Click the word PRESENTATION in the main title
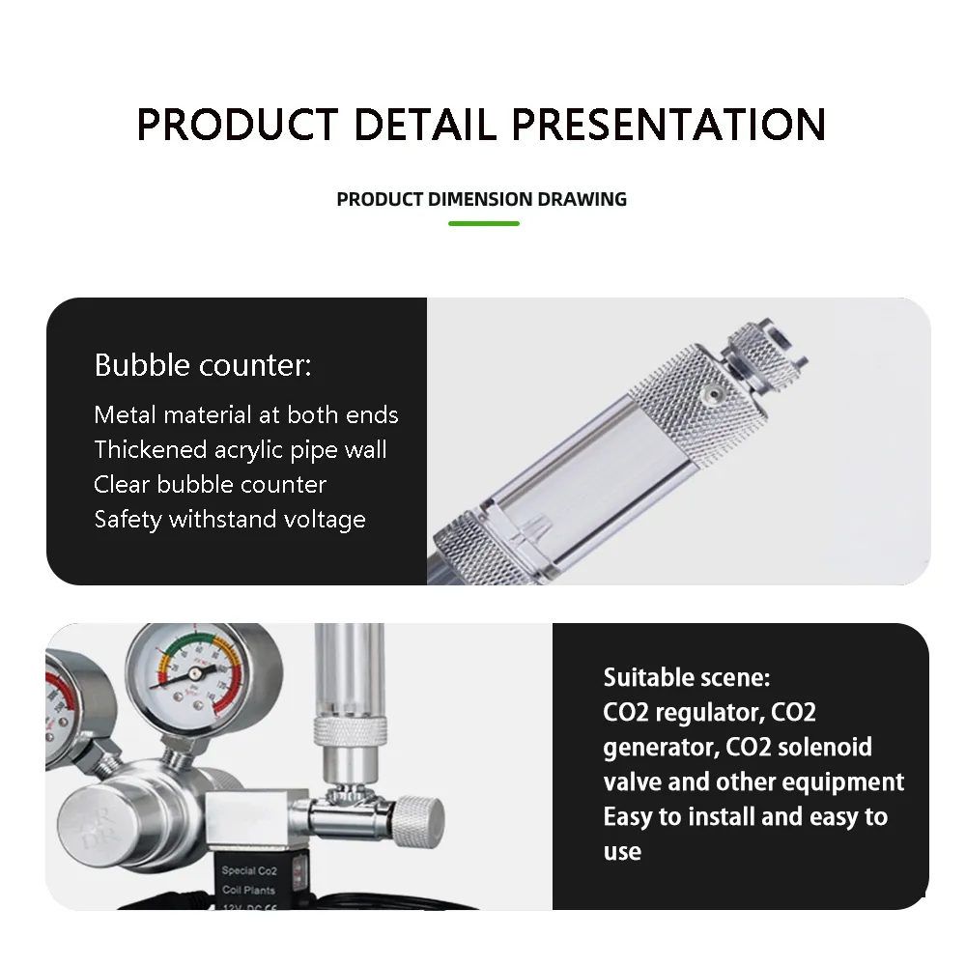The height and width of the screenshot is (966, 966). pos(668,125)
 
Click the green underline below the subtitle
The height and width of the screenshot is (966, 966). pos(483,223)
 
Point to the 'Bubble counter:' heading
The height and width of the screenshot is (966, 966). pos(203,366)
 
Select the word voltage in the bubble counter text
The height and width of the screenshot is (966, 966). pos(325,520)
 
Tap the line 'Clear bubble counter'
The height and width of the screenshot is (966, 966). pos(211,485)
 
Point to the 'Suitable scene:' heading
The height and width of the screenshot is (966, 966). pos(687,677)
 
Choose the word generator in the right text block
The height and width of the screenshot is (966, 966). pos(661,748)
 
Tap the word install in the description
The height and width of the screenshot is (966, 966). pos(722,817)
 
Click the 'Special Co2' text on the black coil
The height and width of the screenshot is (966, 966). pos(249,871)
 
